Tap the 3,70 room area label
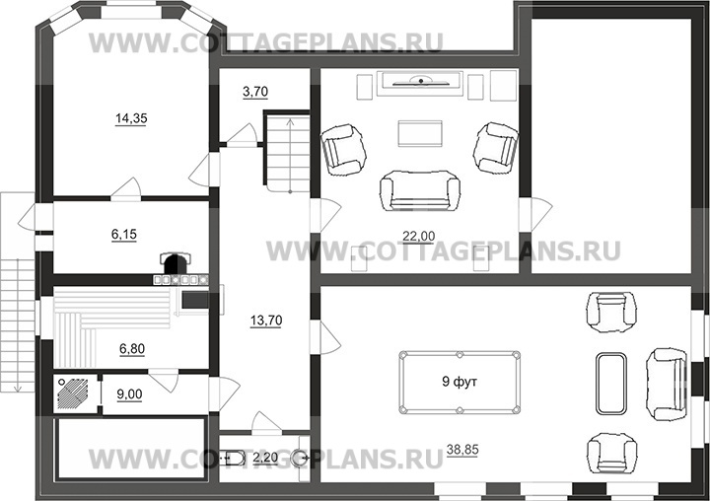255,92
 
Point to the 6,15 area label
124,234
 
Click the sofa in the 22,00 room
420,190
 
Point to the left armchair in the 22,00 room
343,146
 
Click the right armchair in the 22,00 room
496,146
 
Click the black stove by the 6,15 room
176,263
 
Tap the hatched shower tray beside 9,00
74,394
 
